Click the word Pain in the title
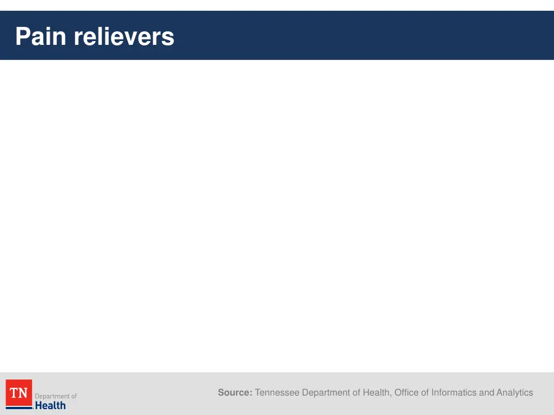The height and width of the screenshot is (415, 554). tap(42, 37)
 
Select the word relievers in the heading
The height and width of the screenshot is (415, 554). tap(124, 37)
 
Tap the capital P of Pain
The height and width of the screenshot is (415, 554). tap(22, 37)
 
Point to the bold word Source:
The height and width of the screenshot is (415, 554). tap(235, 393)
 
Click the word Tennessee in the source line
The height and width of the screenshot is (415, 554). tap(277, 393)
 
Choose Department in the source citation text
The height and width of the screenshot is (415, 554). tap(326, 393)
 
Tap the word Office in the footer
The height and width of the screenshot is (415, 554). tap(406, 393)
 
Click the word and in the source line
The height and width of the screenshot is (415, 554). tap(487, 393)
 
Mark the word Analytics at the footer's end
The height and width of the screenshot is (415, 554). tap(515, 393)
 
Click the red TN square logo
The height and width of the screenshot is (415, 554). tap(19, 392)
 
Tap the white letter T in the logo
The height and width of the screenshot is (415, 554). tap(15, 393)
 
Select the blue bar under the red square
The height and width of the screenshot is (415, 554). tap(19, 408)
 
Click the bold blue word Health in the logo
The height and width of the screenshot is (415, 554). tap(50, 405)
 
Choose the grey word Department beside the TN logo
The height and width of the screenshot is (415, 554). tap(52, 397)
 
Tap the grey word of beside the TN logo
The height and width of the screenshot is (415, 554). tap(74, 397)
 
